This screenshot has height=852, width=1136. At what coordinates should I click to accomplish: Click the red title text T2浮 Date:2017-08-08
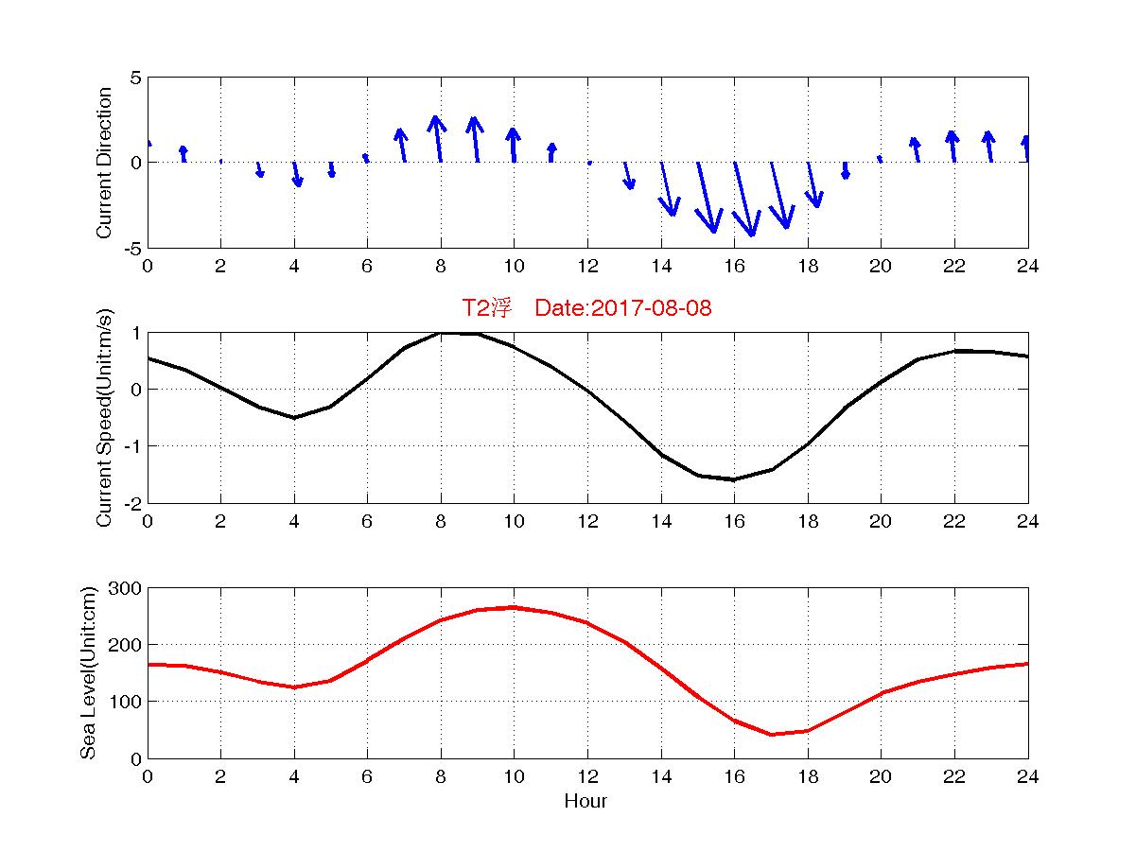click(x=585, y=308)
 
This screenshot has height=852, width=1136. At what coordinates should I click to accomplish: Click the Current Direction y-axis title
click(x=105, y=163)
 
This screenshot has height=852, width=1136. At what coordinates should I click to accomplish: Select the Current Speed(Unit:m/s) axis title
click(x=105, y=418)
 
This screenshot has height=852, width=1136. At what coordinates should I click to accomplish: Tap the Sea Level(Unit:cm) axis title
click(x=89, y=673)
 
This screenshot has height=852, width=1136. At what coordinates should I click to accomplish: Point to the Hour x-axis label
click(x=585, y=802)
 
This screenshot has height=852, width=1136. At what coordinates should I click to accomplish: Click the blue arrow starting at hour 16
click(x=743, y=199)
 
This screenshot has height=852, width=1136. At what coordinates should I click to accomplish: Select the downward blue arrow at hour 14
click(x=669, y=188)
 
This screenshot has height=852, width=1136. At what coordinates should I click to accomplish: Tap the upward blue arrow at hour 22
click(x=952, y=146)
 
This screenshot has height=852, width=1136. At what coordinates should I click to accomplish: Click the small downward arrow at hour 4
click(x=297, y=174)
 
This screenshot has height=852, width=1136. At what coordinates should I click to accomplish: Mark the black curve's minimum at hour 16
click(x=734, y=479)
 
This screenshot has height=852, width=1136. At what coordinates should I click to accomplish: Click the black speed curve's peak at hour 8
click(x=441, y=333)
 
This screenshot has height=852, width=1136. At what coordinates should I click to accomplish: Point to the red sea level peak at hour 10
click(x=514, y=607)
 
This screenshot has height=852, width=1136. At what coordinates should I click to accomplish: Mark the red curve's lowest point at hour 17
click(x=771, y=735)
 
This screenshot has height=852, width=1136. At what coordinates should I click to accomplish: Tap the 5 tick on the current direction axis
click(x=136, y=78)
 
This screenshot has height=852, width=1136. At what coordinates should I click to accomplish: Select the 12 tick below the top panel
click(x=587, y=267)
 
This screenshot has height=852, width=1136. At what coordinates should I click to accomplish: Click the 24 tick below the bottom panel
click(x=1027, y=777)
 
